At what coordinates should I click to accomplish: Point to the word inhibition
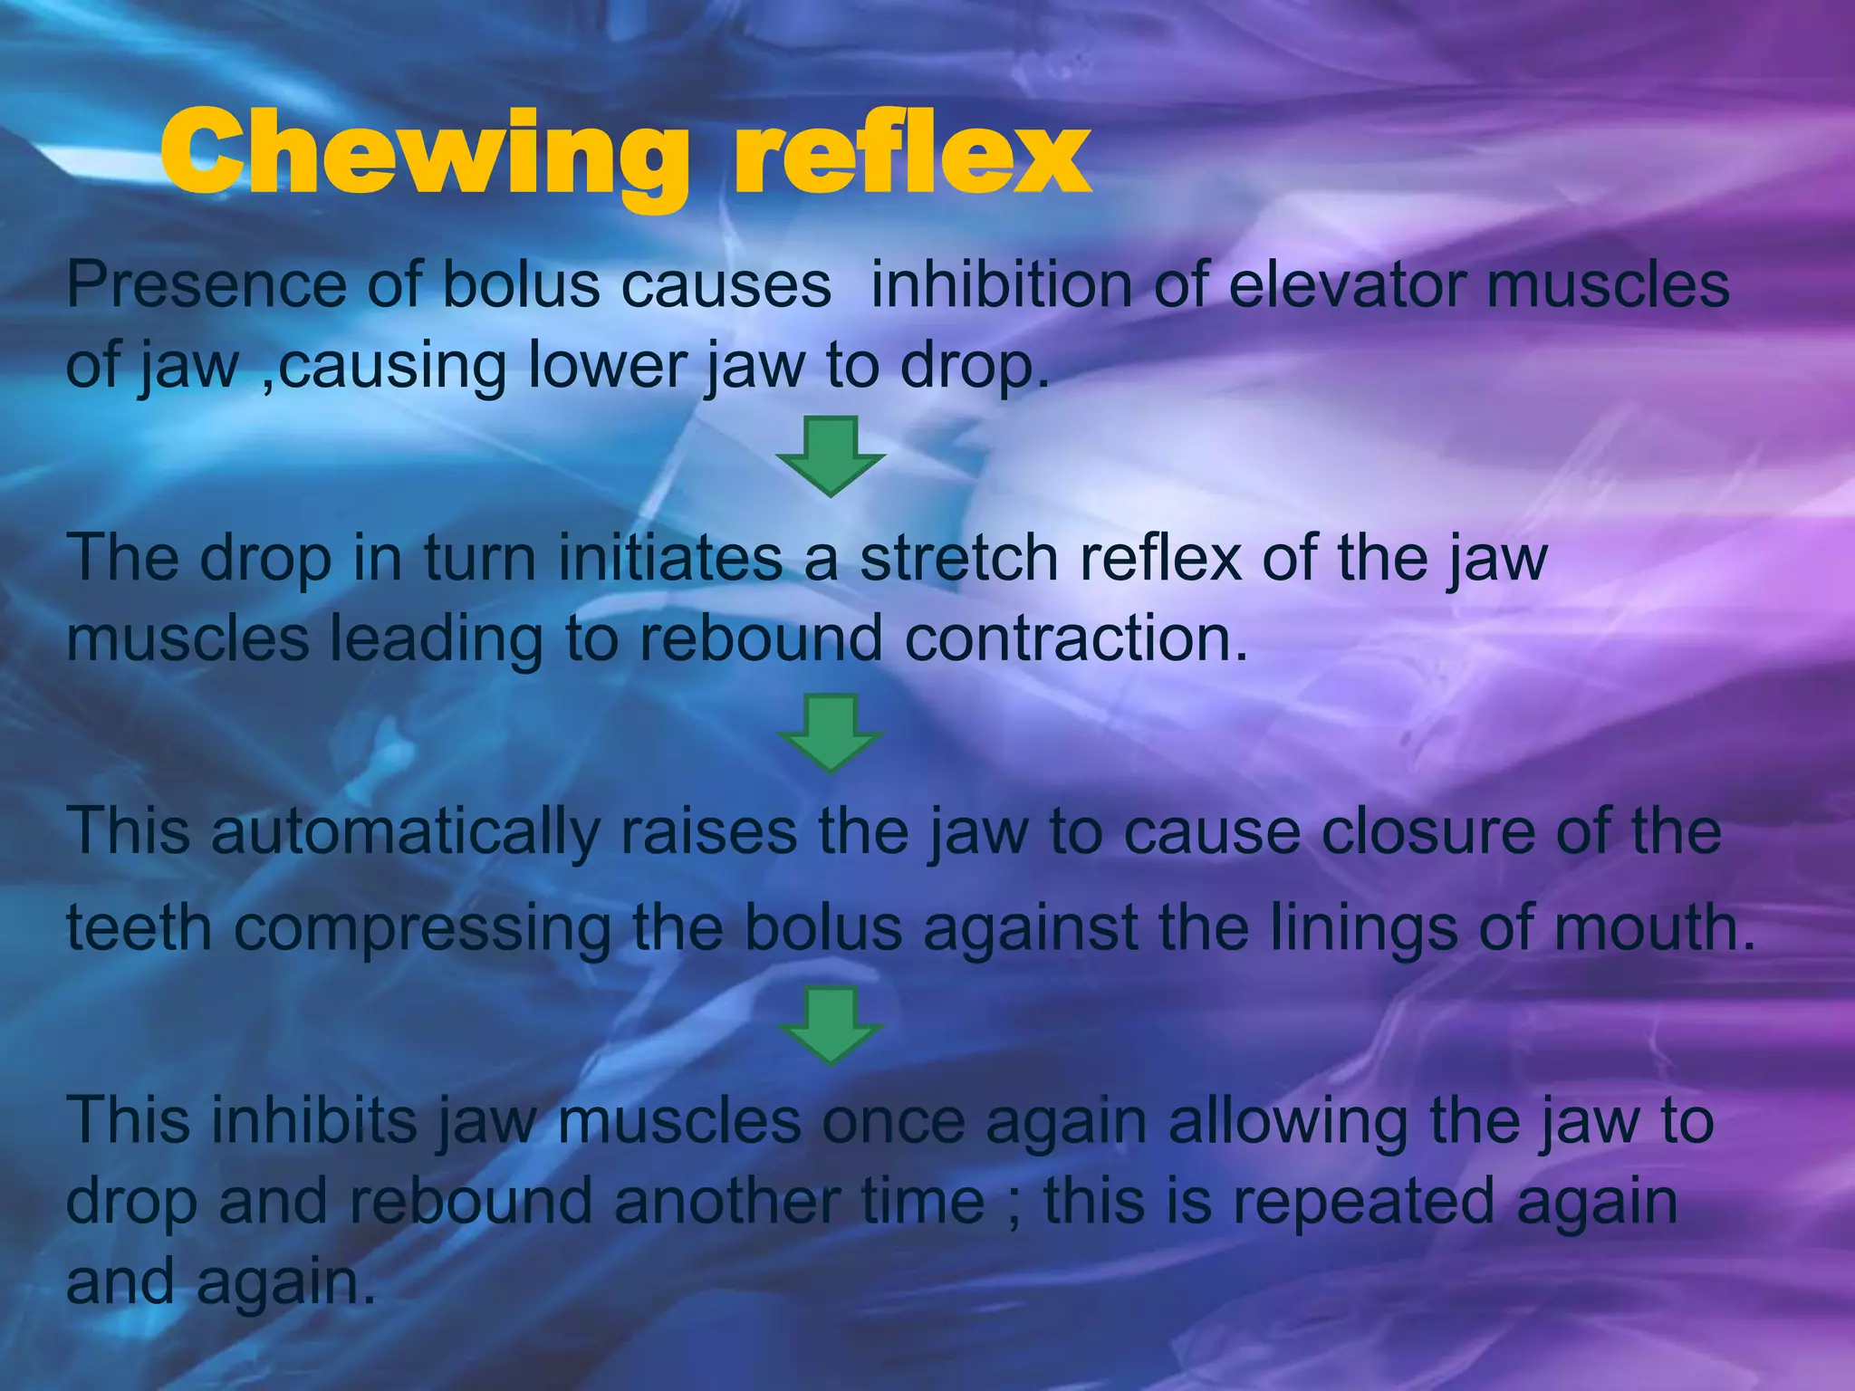point(1001,284)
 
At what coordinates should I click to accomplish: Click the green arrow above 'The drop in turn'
point(830,456)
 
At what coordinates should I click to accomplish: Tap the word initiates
point(669,558)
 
